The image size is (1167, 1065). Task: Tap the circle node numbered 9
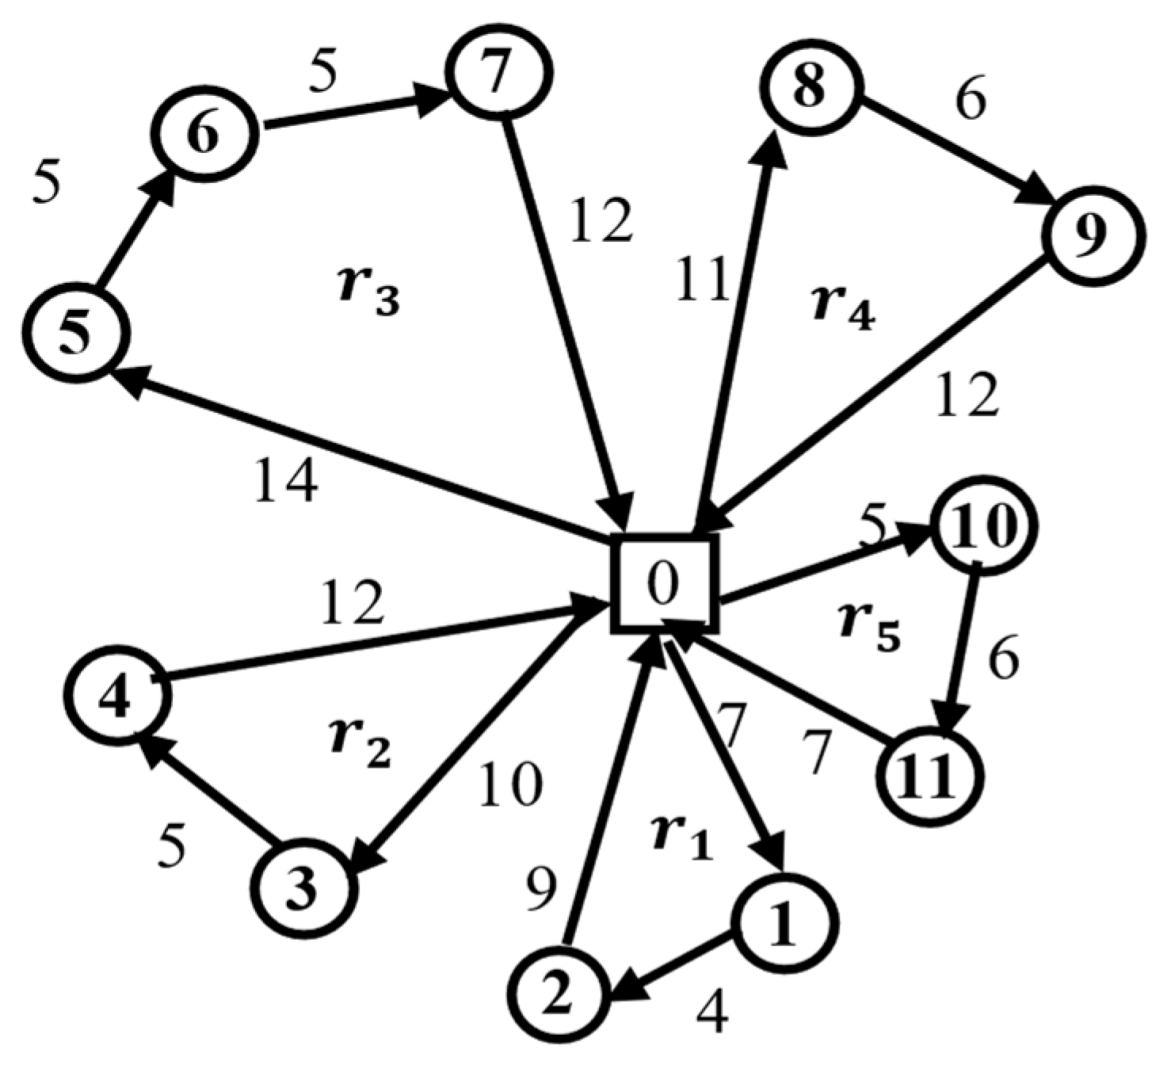1094,235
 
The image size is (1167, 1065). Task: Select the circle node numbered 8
810,86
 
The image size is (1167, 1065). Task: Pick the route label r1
682,838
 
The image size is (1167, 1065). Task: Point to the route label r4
844,309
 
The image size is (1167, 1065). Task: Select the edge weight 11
701,279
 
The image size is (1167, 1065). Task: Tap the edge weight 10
510,784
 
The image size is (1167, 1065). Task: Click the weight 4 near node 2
713,1011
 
